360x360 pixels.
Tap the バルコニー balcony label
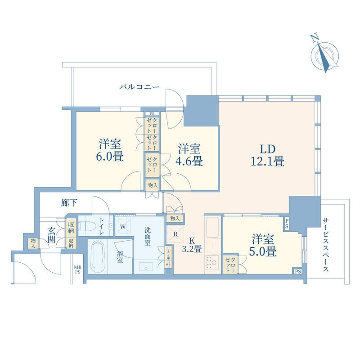pos(139,87)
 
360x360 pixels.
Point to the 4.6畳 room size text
pos(189,160)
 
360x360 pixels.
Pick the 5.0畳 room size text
pos(264,251)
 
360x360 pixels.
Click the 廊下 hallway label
pos(69,203)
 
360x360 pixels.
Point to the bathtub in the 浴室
pos(98,256)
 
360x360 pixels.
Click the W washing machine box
pos(122,226)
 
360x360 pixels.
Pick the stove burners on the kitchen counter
pos(211,262)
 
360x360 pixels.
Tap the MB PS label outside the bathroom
pos(78,269)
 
